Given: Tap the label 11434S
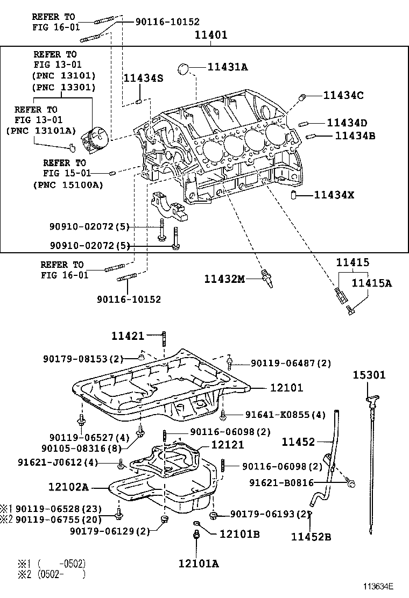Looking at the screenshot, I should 143,78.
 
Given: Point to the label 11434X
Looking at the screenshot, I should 334,195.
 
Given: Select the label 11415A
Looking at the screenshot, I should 372,283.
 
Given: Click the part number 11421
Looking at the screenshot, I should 128,336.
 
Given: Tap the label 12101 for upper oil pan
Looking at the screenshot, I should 286,387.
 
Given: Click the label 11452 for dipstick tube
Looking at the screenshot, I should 299,442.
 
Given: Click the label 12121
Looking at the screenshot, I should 227,445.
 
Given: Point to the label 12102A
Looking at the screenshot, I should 68,487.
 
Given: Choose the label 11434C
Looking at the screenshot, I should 343,95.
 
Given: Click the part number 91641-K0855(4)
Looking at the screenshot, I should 285,415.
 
